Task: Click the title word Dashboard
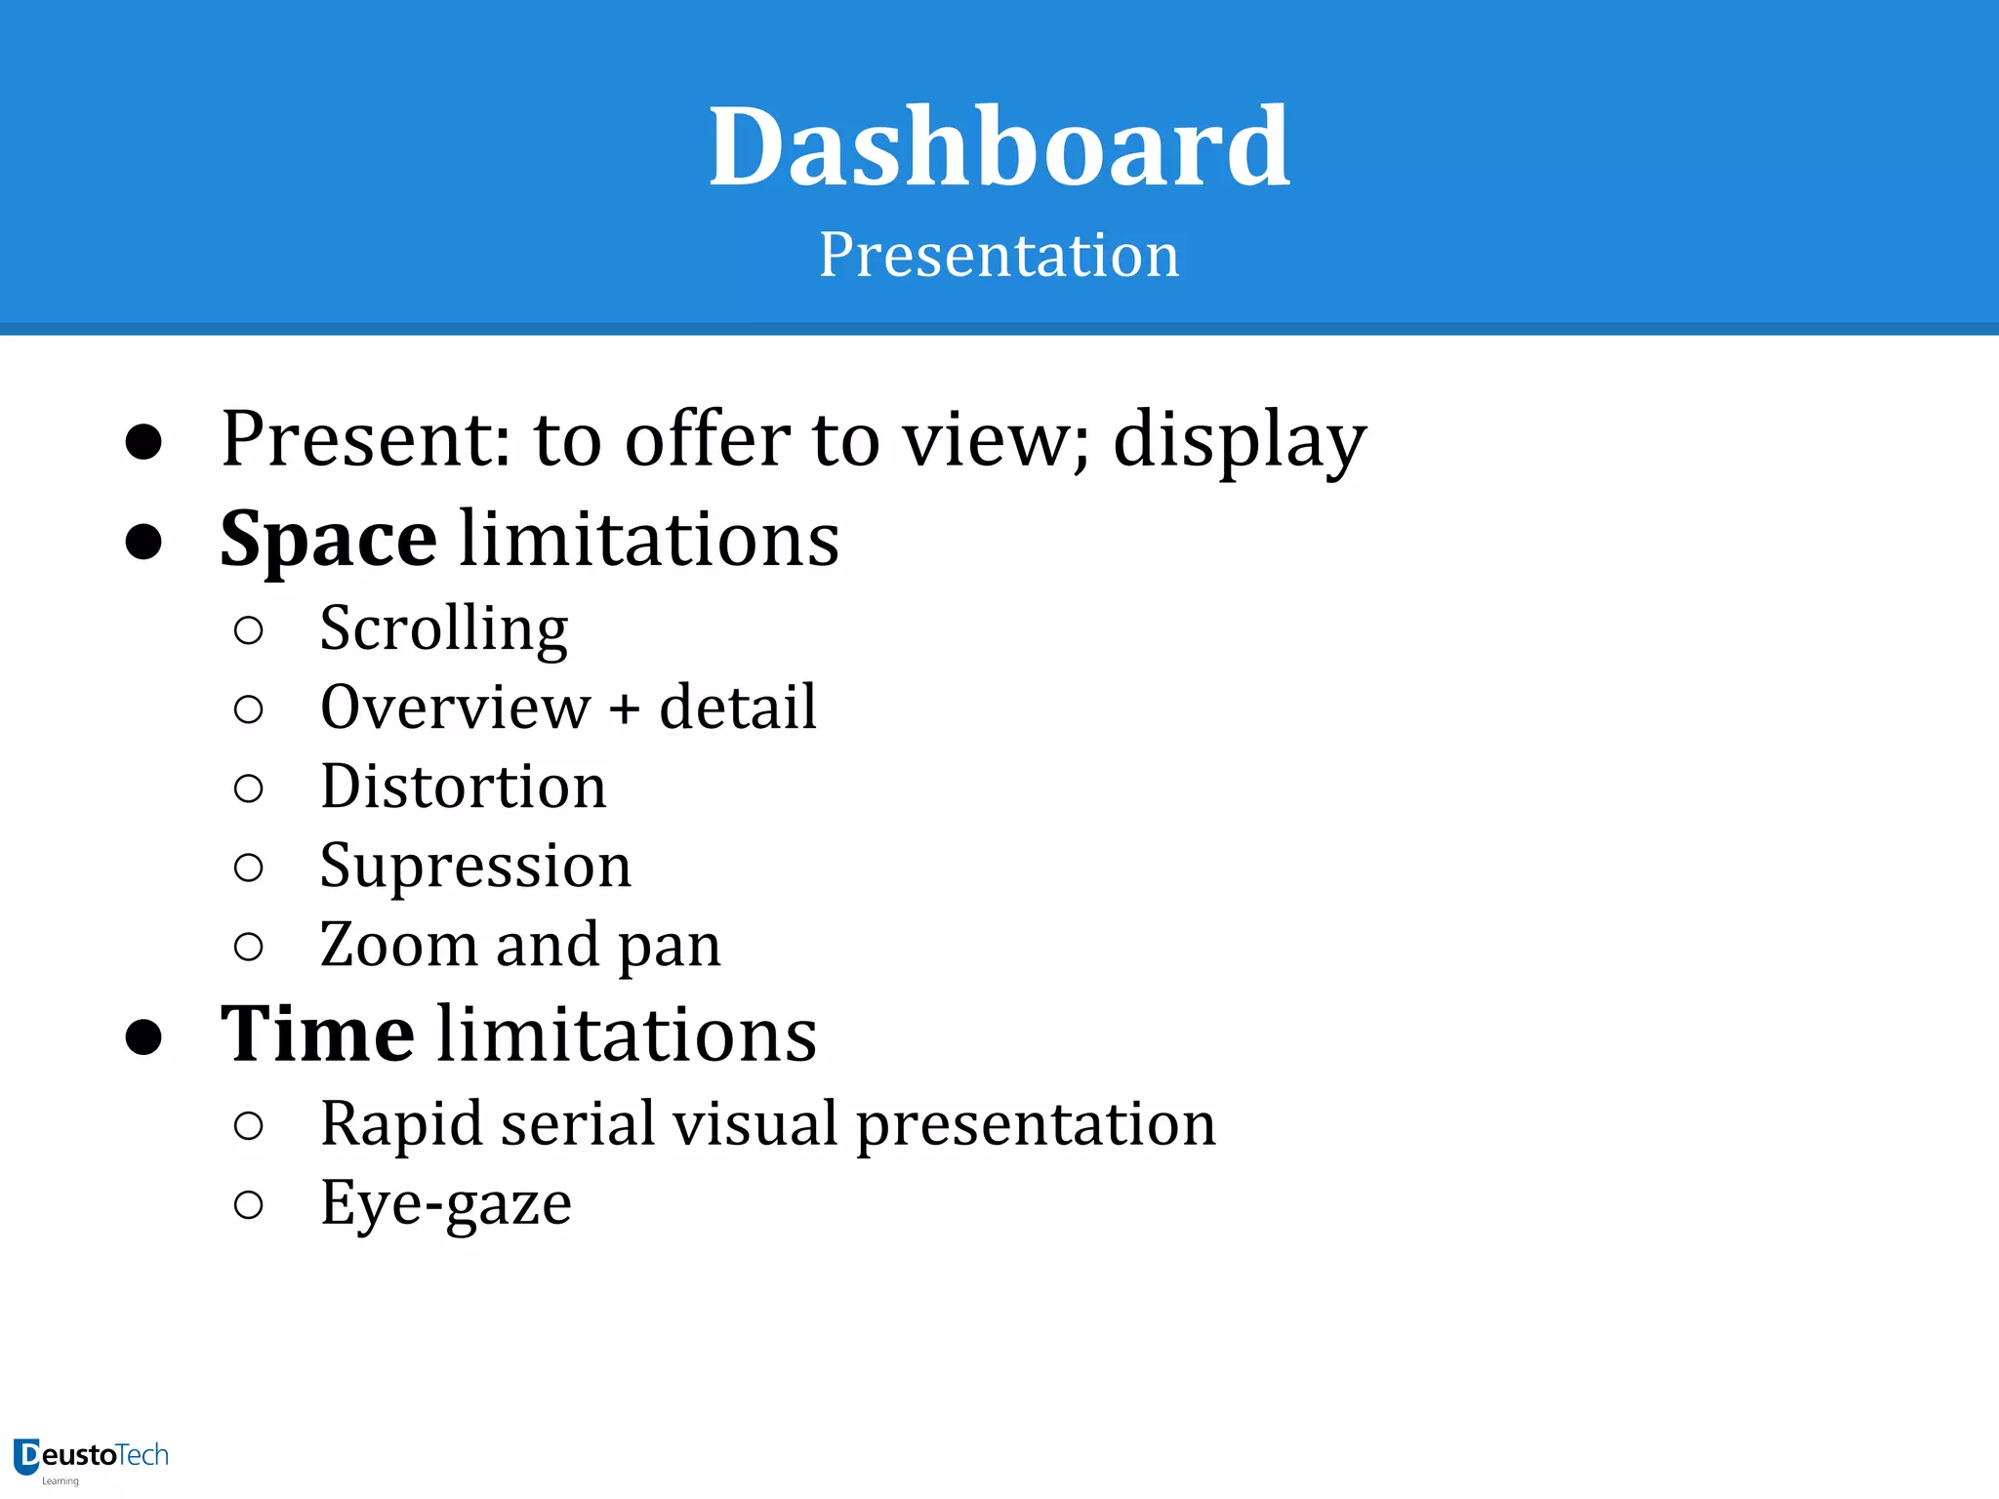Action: coord(999,147)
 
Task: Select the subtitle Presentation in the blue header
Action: coord(999,256)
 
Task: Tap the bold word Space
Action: coord(328,540)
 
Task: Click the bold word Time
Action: coord(317,1034)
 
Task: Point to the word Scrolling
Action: coord(444,629)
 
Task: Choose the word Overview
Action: coord(456,708)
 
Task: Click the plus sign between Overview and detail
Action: coord(625,709)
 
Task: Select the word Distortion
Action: coord(464,787)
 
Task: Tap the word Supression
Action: coord(475,867)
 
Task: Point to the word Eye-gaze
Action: coord(446,1204)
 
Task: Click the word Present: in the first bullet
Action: coord(366,440)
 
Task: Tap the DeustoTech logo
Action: coord(91,1459)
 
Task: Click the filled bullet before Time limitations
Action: coord(143,1036)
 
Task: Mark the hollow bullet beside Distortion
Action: coord(249,789)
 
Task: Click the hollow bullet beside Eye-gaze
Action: coord(249,1205)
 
